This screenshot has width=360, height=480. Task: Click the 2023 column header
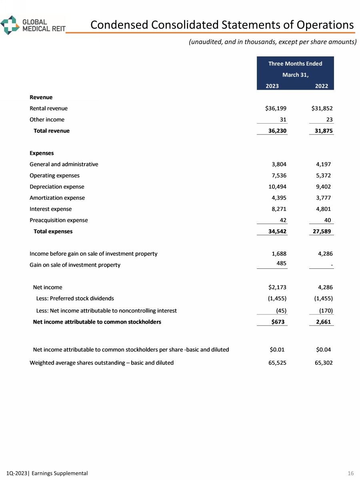pyautogui.click(x=272, y=86)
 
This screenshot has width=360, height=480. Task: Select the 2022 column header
pyautogui.click(x=321, y=86)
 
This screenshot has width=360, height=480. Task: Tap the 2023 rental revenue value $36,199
pyautogui.click(x=273, y=108)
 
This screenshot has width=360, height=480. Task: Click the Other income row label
pyautogui.click(x=47, y=120)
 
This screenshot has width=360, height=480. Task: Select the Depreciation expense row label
pyautogui.click(x=57, y=186)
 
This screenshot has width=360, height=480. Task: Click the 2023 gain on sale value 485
pyautogui.click(x=281, y=264)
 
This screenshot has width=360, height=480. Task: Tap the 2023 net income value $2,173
pyautogui.click(x=276, y=287)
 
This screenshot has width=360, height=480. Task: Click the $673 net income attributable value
pyautogui.click(x=278, y=322)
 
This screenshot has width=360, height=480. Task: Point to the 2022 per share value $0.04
pyautogui.click(x=323, y=350)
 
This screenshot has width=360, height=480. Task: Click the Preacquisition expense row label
pyautogui.click(x=58, y=220)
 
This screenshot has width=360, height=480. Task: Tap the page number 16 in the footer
pyautogui.click(x=350, y=473)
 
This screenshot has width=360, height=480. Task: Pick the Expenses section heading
pyautogui.click(x=42, y=153)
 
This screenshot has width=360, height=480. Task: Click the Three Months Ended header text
pyautogui.click(x=295, y=64)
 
